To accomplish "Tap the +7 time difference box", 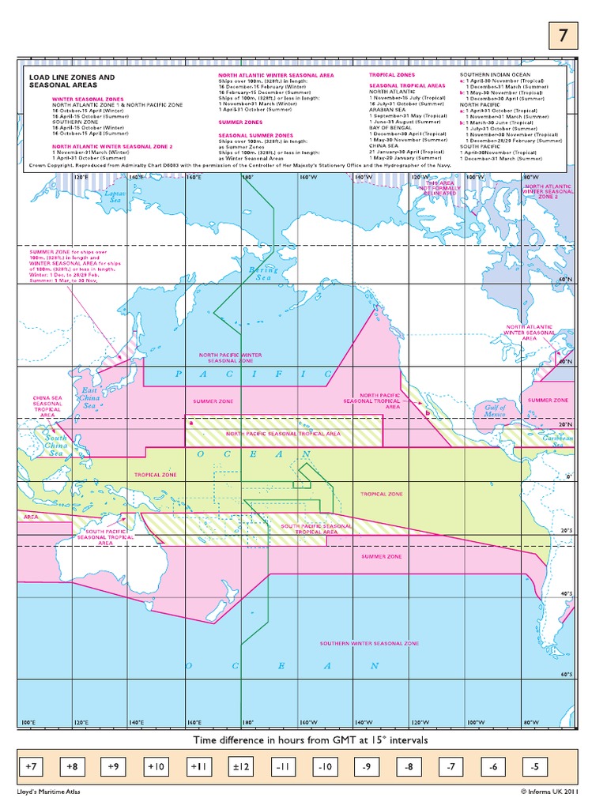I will pyautogui.click(x=32, y=766).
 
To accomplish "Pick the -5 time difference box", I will pyautogui.click(x=534, y=766).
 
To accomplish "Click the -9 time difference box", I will pyautogui.click(x=366, y=766).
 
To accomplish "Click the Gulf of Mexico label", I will pyautogui.click(x=495, y=411).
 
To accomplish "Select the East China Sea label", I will pyautogui.click(x=89, y=398).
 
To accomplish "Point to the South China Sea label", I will pyautogui.click(x=56, y=446).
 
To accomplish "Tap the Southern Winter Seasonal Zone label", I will pyautogui.click(x=369, y=644).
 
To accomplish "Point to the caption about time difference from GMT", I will pyautogui.click(x=310, y=740).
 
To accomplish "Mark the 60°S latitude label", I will pyautogui.click(x=564, y=674).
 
